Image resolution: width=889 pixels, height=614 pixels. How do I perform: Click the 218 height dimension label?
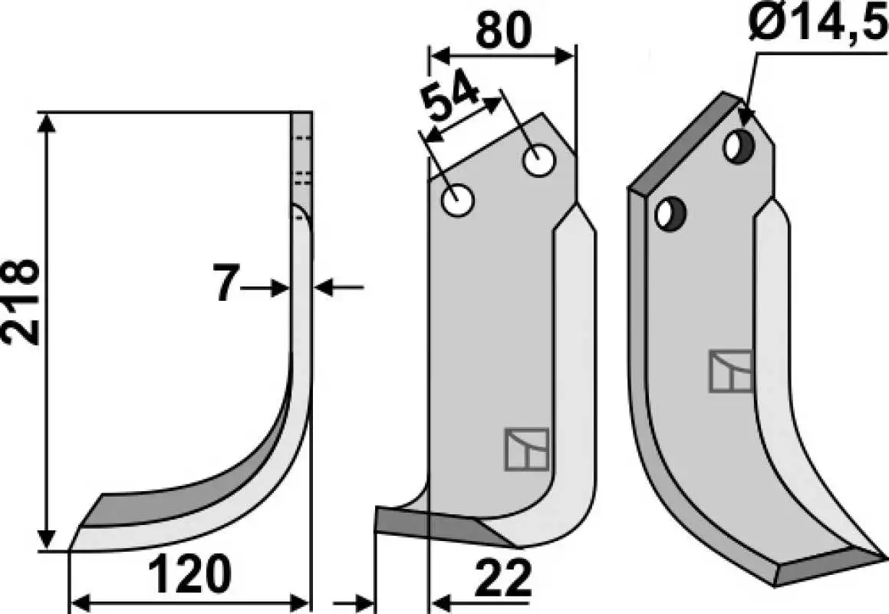[x=21, y=302]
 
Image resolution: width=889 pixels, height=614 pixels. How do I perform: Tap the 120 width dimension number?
[x=190, y=574]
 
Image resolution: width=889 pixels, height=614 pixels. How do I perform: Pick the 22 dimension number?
[x=503, y=579]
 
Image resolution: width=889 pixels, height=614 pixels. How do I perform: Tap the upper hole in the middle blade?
[x=539, y=160]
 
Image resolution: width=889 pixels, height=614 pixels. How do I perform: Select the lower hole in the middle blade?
[x=458, y=200]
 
